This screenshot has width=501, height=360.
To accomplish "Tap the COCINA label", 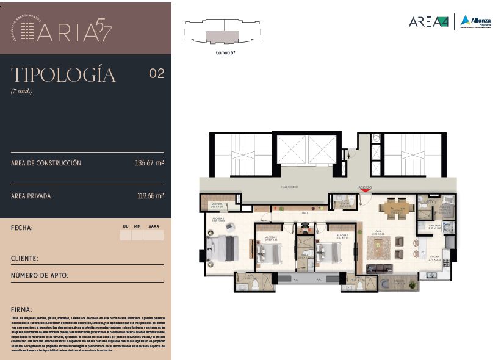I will (434, 257).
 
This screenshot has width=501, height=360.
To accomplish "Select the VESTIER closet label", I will (216, 205).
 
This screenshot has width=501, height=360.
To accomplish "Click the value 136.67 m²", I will (149, 164).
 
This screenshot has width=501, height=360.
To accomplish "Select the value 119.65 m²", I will (150, 196).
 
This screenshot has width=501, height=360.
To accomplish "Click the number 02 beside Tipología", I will (156, 74).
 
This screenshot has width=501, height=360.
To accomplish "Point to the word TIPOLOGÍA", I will (63, 75).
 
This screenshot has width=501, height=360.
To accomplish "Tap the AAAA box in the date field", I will (154, 234).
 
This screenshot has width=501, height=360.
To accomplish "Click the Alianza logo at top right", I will (475, 21).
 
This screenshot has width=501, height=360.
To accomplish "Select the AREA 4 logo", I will (428, 21).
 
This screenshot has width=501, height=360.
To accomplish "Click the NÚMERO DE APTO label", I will (40, 276).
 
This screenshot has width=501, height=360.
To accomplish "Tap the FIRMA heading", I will (21, 310).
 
